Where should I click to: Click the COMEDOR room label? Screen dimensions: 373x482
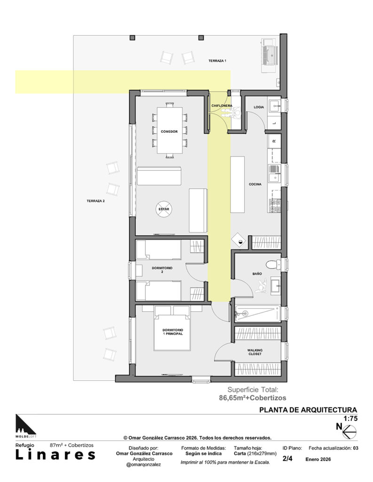click(x=169, y=132)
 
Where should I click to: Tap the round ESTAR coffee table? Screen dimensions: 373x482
click(x=164, y=209)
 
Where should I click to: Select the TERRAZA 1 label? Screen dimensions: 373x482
click(x=217, y=61)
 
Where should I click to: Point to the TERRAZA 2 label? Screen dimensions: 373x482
click(x=95, y=201)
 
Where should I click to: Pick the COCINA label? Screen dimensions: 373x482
click(x=255, y=185)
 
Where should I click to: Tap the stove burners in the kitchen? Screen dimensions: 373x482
click(x=275, y=206)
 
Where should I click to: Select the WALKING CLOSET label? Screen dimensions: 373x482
click(x=255, y=352)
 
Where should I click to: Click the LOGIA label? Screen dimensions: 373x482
click(x=259, y=107)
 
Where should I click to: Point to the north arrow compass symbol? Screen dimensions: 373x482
click(x=349, y=432)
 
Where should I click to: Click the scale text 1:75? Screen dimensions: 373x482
click(x=350, y=418)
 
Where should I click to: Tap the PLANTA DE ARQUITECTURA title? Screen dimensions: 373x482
click(x=308, y=410)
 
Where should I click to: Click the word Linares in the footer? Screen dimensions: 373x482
click(x=56, y=455)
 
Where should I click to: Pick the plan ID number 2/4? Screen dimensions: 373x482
click(x=287, y=458)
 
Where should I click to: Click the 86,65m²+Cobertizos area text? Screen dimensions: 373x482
click(x=252, y=398)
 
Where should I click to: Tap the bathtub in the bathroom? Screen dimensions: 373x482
click(x=258, y=313)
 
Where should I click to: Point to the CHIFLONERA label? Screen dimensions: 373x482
click(x=222, y=106)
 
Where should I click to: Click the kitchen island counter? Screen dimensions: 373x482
click(x=238, y=185)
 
